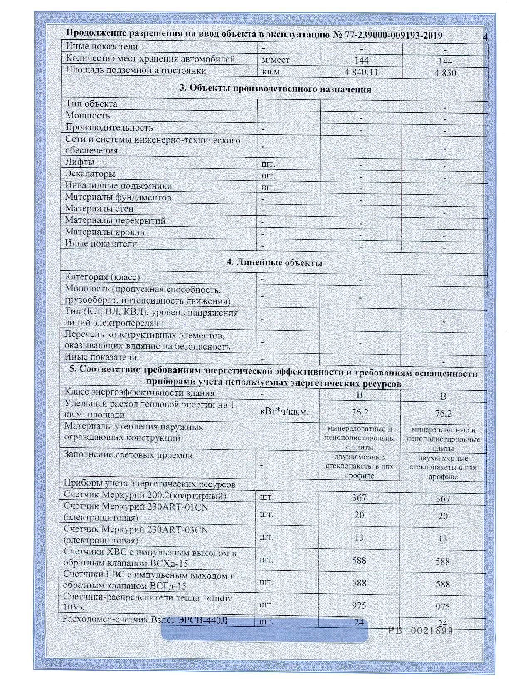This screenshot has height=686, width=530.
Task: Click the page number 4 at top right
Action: pyautogui.click(x=486, y=37)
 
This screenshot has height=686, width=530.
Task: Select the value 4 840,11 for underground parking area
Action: pyautogui.click(x=361, y=72)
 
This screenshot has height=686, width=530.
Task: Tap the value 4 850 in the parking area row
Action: pyautogui.click(x=445, y=73)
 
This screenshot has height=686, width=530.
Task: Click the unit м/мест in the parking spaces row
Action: pyautogui.click(x=276, y=60)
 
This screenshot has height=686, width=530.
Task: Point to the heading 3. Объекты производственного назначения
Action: pyautogui.click(x=275, y=89)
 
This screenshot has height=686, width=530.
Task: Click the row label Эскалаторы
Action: pyautogui.click(x=90, y=174)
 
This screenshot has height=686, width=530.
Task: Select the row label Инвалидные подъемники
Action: pyautogui.click(x=118, y=185)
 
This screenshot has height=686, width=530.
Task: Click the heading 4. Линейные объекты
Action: pyautogui.click(x=275, y=262)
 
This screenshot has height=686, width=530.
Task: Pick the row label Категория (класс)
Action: pyautogui.click(x=102, y=277)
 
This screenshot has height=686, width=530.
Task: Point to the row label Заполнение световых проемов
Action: pyautogui.click(x=128, y=455)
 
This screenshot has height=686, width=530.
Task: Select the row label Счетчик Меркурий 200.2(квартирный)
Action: pyautogui.click(x=145, y=496)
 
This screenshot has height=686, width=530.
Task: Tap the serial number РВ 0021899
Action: pyautogui.click(x=420, y=630)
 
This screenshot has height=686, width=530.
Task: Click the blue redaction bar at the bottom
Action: pyautogui.click(x=264, y=632)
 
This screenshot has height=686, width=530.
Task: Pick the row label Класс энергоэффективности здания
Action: pyautogui.click(x=139, y=393)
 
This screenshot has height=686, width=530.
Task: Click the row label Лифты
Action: pyautogui.click(x=80, y=162)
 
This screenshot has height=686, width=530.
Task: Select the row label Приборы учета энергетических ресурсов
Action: pyautogui.click(x=150, y=484)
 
